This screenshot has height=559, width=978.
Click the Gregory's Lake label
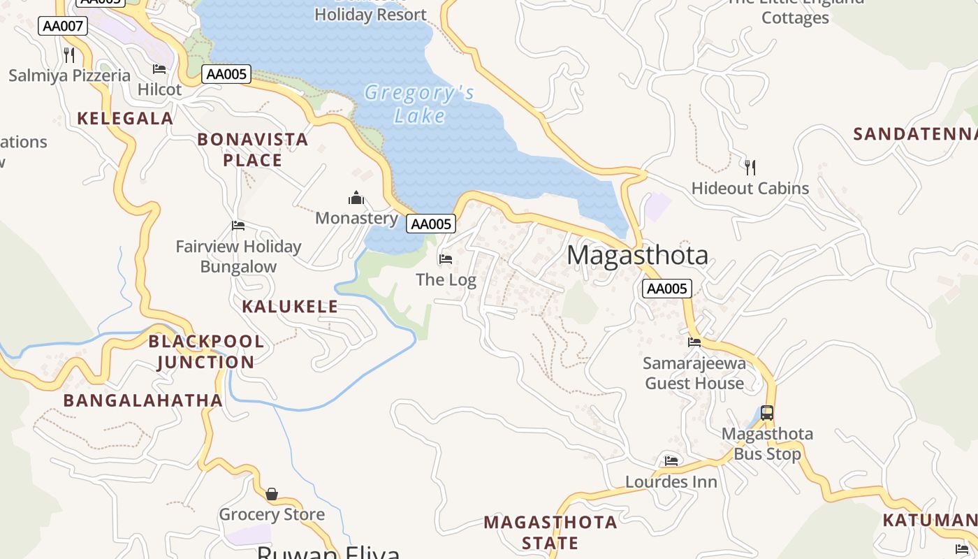[x=419, y=103]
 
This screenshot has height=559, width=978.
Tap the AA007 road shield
[x=63, y=27]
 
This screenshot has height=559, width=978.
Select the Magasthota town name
[x=637, y=255]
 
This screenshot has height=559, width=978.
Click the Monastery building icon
[x=356, y=198]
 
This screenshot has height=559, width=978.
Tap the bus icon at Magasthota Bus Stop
[x=767, y=413]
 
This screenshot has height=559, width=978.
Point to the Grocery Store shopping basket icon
[x=272, y=494]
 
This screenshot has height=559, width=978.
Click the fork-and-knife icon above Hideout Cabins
[x=750, y=167]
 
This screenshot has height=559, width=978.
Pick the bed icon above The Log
[x=446, y=259]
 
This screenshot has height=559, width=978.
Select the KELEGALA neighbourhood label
[x=125, y=118]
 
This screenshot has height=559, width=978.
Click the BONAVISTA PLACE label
[x=253, y=150]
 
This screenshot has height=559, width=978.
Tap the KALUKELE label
[x=290, y=306]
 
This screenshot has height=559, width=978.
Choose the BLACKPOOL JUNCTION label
[x=206, y=351]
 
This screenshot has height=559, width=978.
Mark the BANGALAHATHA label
[x=143, y=400]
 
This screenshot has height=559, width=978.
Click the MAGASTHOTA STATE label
[x=550, y=532]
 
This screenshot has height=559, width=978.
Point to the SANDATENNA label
[x=915, y=134]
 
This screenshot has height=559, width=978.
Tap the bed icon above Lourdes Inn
[x=671, y=461]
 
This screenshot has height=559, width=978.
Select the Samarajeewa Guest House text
[x=694, y=373]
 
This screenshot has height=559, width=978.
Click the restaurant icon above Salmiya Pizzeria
[x=69, y=55]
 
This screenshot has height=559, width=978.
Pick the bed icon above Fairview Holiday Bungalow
[x=238, y=226]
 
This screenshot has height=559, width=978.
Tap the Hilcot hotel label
[x=159, y=89]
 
